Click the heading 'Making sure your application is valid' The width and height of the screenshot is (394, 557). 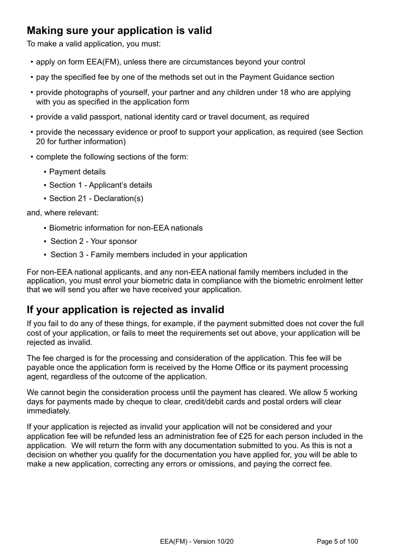tap(119, 31)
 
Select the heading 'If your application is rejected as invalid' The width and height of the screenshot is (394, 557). tap(125, 310)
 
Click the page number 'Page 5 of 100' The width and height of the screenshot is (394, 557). tap(337, 541)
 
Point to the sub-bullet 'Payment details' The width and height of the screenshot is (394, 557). tap(77, 172)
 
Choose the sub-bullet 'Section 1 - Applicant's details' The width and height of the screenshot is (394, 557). tap(100, 185)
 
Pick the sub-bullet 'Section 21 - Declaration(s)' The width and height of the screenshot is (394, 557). tap(96, 198)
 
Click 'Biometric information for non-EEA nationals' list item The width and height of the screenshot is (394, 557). tap(126, 228)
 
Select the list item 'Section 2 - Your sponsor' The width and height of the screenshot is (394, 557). tap(94, 241)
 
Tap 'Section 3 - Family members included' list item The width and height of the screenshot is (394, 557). tap(148, 254)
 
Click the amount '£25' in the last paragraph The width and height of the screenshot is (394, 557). tap(246, 436)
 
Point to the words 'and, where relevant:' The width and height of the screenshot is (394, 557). tap(63, 213)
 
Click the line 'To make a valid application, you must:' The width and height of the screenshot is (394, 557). tap(93, 44)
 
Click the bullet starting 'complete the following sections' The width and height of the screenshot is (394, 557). tap(112, 157)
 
